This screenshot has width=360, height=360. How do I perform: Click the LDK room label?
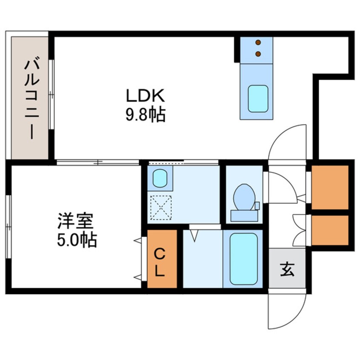click(145, 96)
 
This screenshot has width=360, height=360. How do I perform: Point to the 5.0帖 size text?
click(77, 240)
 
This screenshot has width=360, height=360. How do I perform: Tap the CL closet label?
click(160, 263)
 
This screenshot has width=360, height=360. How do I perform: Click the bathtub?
click(243, 259)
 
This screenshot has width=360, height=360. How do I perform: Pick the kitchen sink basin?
click(258, 98)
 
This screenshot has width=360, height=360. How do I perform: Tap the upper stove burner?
click(258, 42)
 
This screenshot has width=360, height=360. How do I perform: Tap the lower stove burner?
click(258, 54)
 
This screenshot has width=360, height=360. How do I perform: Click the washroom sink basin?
click(160, 177)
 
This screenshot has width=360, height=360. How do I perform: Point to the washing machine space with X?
click(161, 207)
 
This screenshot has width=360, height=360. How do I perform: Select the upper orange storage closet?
click(330, 187)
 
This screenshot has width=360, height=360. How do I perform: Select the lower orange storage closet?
click(330, 230)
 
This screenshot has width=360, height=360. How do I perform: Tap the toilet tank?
click(244, 215)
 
